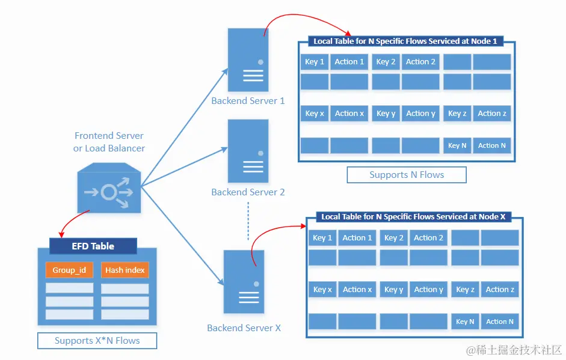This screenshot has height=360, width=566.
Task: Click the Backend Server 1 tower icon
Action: (248, 60)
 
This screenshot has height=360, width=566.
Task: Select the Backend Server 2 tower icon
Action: (248, 151)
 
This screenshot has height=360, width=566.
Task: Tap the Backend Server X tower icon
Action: (244, 281)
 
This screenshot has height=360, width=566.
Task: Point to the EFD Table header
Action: (93, 246)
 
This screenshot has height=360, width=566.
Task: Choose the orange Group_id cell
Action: (69, 270)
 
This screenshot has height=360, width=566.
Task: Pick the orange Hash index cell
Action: (125, 270)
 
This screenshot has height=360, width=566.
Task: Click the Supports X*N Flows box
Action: (97, 341)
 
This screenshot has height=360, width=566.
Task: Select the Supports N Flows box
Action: (407, 175)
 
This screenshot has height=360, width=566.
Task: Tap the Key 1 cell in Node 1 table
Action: (315, 62)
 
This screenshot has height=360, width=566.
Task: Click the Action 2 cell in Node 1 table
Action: (420, 62)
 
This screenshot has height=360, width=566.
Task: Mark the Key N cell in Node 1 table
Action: (457, 145)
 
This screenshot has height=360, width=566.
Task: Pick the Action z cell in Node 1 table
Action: (491, 114)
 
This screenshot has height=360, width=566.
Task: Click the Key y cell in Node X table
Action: (393, 290)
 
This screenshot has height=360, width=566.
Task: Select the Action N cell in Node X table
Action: (499, 322)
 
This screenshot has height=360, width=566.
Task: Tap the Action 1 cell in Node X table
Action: (357, 238)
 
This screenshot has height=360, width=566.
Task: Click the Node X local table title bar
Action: (413, 216)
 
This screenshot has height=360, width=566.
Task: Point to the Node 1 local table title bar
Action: (405, 41)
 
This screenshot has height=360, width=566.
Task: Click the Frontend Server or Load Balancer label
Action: (109, 142)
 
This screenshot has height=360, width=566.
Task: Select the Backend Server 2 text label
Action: (248, 192)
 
